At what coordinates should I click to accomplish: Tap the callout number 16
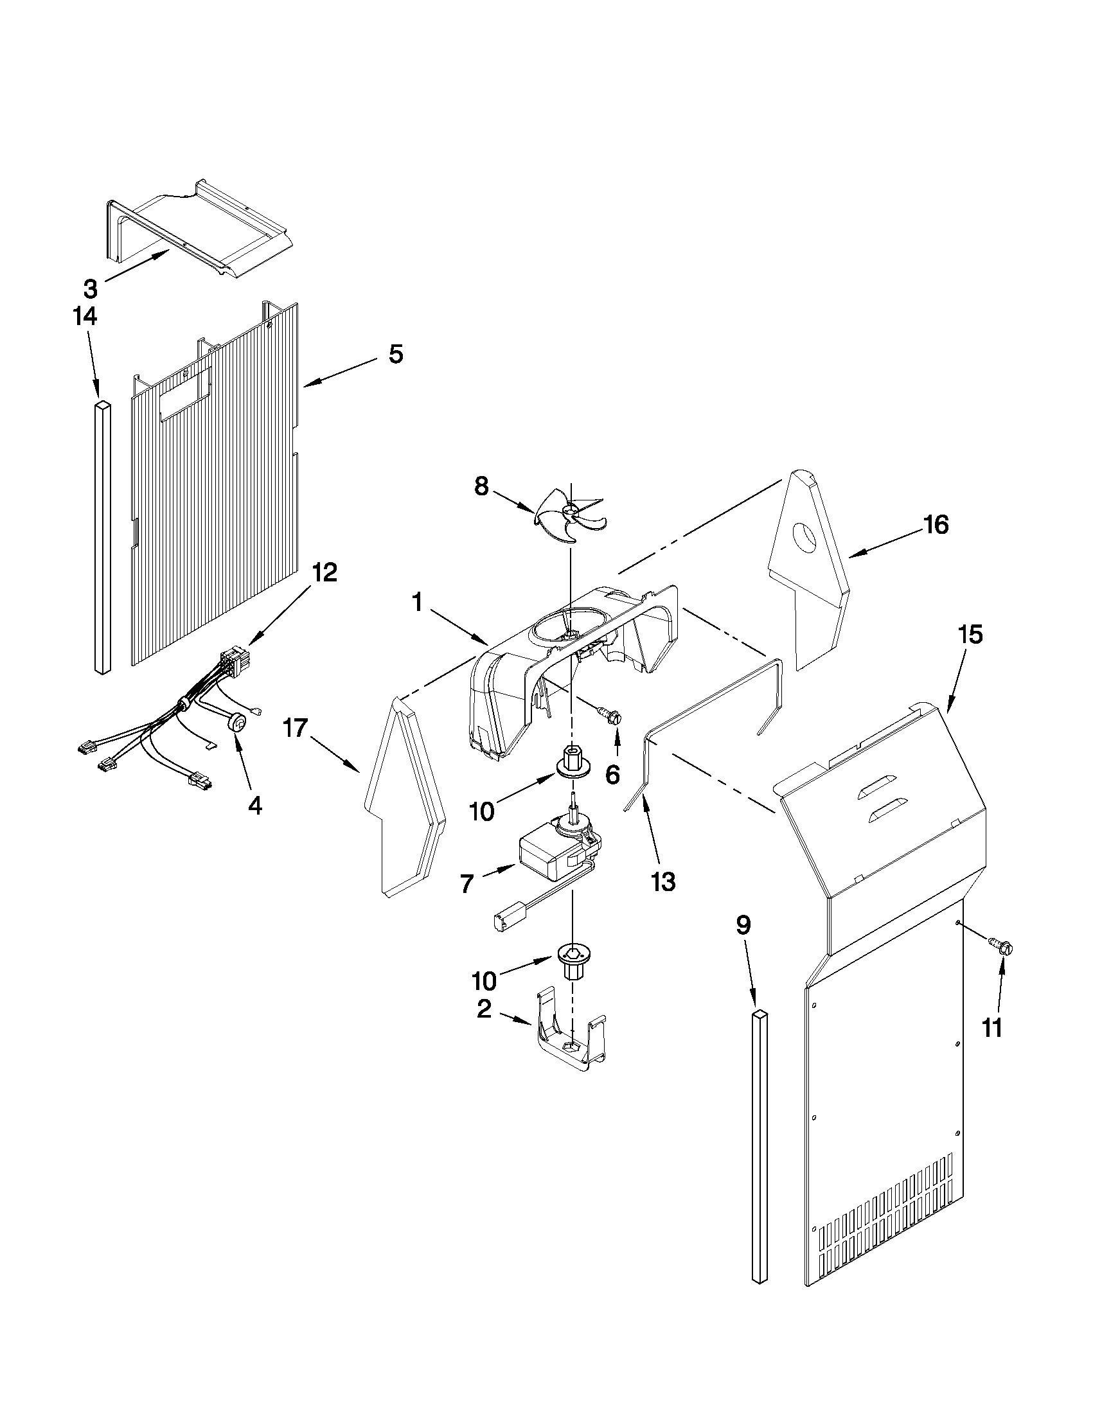936,524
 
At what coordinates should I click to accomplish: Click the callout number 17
296,729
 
